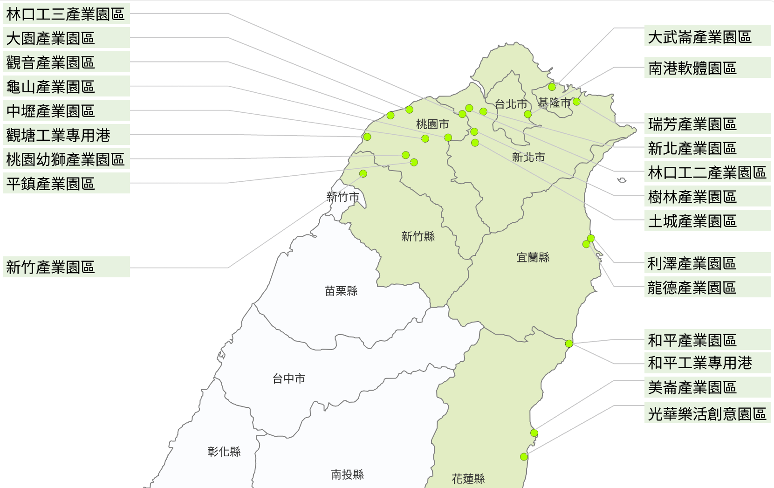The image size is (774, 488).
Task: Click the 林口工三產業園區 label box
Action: pos(66,14)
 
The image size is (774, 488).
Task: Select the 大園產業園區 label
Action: pos(66,38)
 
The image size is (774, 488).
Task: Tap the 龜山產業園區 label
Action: pos(66,87)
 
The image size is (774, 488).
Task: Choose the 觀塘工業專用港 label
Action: pos(66,135)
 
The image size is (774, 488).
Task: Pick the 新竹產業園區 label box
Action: pos(66,267)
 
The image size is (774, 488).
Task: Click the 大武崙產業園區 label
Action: pos(707,36)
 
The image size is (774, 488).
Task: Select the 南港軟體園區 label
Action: pos(707,68)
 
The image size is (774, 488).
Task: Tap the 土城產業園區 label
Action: pos(707,221)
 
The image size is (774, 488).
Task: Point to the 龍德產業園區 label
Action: pos(707,288)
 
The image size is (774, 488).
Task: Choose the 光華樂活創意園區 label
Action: pos(707,413)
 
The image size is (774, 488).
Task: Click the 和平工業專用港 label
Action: pos(707,363)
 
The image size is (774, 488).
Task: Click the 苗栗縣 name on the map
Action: pos(341,291)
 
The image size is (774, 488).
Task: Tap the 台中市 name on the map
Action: pos(289,379)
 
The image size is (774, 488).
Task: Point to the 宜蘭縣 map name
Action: pos(533,257)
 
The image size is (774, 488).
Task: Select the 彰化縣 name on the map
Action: pos(224,452)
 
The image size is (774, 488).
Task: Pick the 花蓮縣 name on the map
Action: pos(468,479)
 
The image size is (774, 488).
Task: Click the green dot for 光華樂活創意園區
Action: pos(524,457)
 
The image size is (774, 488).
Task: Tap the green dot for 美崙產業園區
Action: pos(534,433)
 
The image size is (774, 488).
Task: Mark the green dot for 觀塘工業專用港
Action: pos(367,137)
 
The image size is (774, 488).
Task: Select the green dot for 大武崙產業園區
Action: pos(552,87)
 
